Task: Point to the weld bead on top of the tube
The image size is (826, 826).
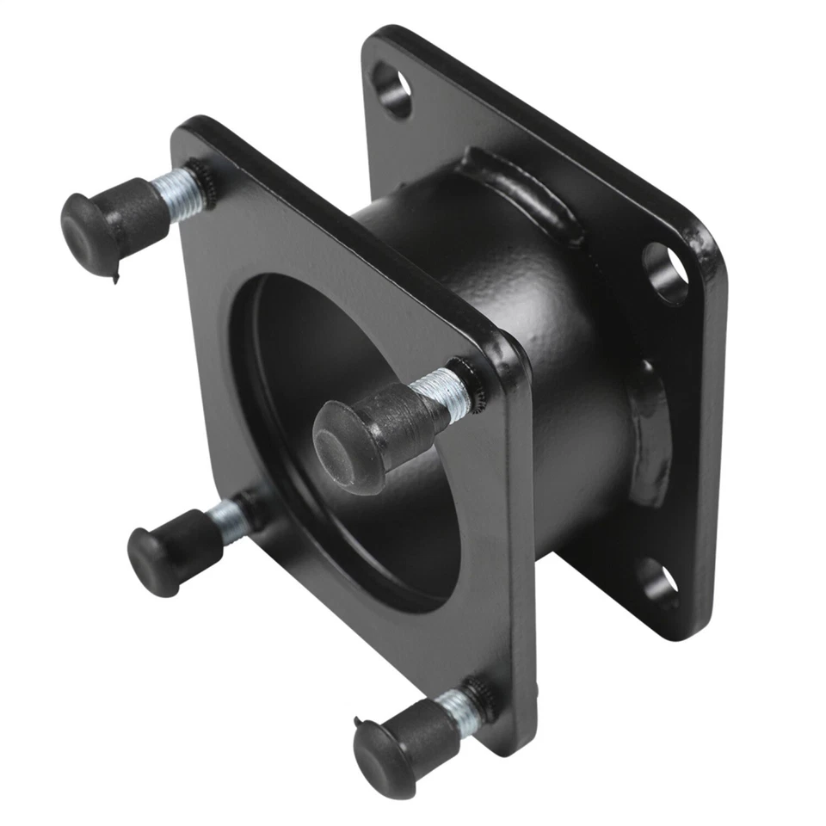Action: pyautogui.click(x=516, y=194)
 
